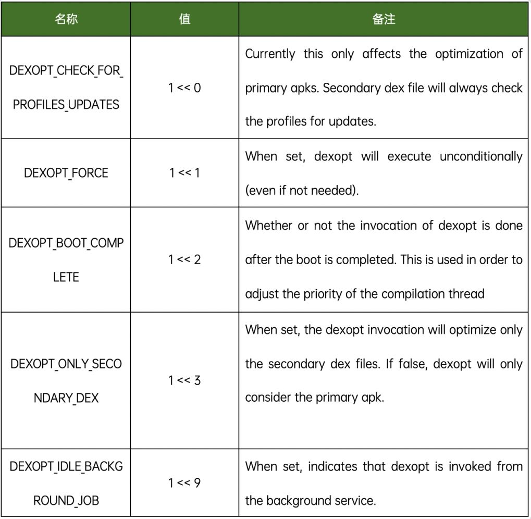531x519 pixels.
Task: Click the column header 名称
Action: tap(66, 20)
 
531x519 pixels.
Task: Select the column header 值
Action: tap(184, 20)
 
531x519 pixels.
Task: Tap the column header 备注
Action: tap(384, 20)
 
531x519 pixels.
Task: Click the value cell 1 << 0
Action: tap(184, 88)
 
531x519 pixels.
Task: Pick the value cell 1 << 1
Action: tap(184, 173)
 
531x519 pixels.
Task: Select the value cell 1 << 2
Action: tap(184, 259)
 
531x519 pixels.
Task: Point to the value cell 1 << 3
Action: tap(184, 380)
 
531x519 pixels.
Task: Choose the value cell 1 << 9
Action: tap(184, 483)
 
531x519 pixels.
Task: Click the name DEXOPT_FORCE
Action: tap(66, 173)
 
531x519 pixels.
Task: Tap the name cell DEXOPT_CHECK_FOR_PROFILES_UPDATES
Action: tap(66, 88)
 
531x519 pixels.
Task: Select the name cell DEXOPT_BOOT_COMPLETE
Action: tap(66, 259)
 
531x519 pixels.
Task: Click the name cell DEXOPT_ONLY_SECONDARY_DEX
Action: tap(66, 380)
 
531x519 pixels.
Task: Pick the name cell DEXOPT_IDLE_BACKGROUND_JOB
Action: tap(66, 483)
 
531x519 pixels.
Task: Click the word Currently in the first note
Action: tap(270, 54)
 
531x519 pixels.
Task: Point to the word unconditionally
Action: tap(481, 156)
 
